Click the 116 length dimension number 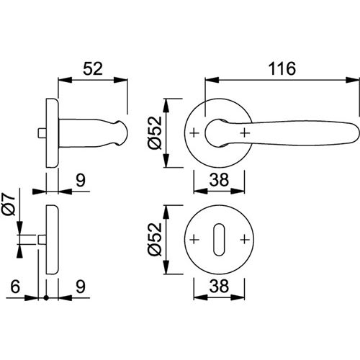tap(282, 69)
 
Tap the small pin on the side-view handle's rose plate tap(39, 132)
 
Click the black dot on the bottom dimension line tap(47, 297)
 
